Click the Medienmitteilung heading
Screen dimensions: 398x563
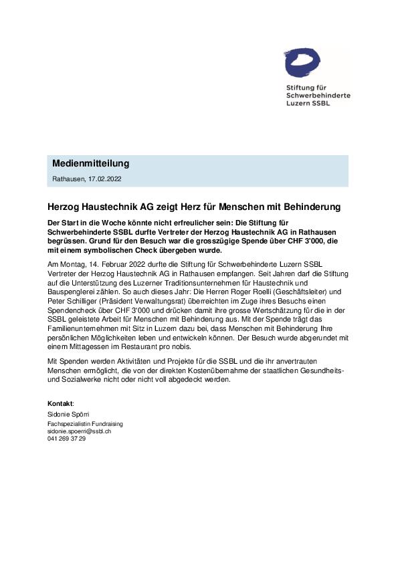[x=90, y=164]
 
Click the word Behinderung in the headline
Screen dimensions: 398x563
[x=309, y=207]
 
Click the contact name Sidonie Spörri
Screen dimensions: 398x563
[x=68, y=415]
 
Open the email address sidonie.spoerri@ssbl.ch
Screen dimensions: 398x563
[x=78, y=431]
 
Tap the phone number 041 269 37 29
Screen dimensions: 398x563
[x=66, y=439]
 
